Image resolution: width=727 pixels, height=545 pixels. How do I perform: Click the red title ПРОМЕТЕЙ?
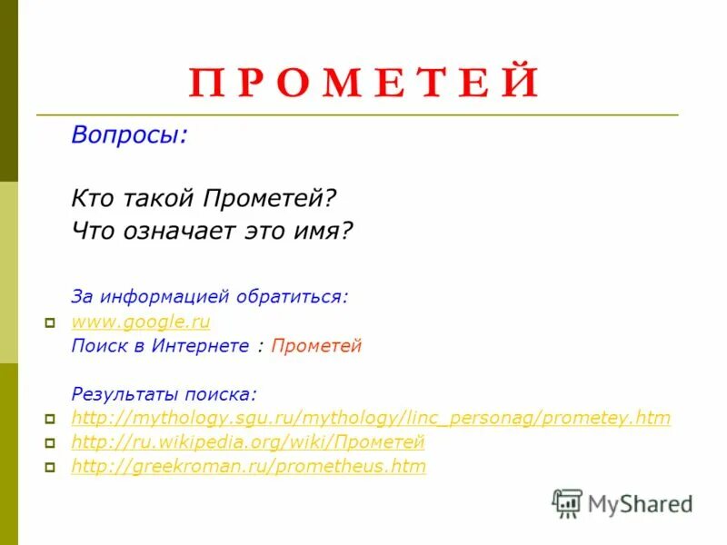(x=364, y=83)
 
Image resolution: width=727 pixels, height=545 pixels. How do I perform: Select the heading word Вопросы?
(x=130, y=135)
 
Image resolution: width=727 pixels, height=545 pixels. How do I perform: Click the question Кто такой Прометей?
(x=204, y=197)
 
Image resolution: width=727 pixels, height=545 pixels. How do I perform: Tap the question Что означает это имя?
(x=211, y=231)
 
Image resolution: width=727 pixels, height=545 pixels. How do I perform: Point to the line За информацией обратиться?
(x=210, y=297)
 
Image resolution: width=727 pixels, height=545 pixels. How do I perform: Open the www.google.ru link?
(x=141, y=322)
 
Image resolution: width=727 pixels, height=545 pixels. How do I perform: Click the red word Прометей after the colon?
(x=316, y=346)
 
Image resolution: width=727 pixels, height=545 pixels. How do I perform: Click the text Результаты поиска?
(x=164, y=394)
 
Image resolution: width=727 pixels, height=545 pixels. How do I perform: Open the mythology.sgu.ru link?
(x=371, y=419)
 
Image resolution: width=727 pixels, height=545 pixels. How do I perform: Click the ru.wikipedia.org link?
(x=248, y=443)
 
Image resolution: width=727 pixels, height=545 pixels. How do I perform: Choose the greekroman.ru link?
(x=248, y=467)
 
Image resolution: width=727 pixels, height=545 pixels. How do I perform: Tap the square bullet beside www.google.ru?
(x=51, y=322)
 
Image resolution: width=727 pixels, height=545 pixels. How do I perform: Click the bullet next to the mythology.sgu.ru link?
(x=51, y=420)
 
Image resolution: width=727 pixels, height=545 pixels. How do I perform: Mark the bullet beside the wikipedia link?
(x=51, y=444)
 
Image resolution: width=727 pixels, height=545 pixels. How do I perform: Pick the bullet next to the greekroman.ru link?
(x=51, y=468)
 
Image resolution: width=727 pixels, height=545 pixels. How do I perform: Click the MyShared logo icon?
(x=567, y=503)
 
